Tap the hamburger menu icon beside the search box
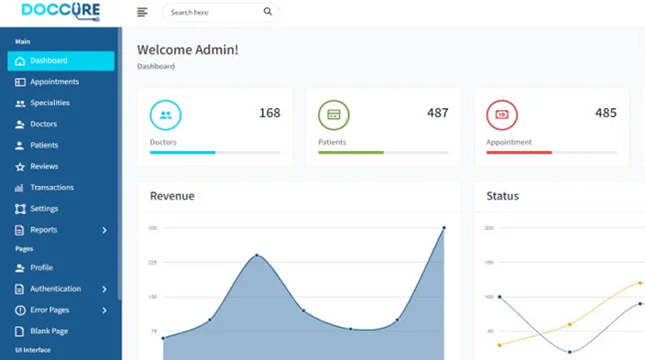[x=142, y=12]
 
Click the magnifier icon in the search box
[x=268, y=12]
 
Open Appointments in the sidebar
[x=54, y=82]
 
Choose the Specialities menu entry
[x=49, y=103]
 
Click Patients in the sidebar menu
[x=44, y=145]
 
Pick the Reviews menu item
[x=44, y=166]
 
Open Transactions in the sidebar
[x=51, y=187]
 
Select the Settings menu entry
[x=44, y=208]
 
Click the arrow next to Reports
[x=104, y=230]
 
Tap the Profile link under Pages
[x=41, y=267]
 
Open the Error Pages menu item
[x=49, y=310]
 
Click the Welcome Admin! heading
[x=187, y=49]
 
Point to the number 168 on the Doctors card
[x=269, y=113]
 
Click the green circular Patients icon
[x=333, y=115]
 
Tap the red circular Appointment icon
[x=501, y=115]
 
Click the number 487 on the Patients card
[x=437, y=113]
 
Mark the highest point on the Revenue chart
[x=444, y=227]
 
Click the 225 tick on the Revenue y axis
[x=153, y=262]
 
